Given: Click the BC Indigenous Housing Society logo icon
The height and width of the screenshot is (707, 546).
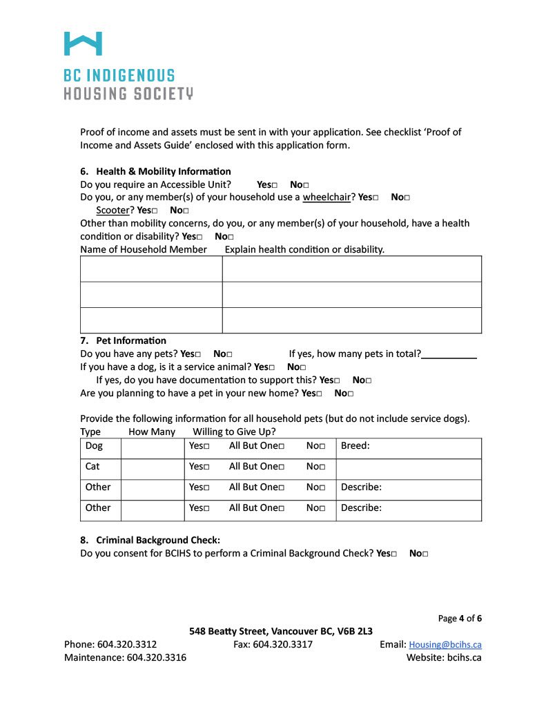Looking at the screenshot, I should coord(83,43).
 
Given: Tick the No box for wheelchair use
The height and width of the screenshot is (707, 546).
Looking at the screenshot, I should coord(407,198).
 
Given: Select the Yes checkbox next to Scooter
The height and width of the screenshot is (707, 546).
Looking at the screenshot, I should coord(155,211).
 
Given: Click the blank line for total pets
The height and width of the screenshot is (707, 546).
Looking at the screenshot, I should coord(449,354).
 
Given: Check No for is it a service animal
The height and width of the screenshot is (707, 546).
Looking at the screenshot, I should coord(302,368).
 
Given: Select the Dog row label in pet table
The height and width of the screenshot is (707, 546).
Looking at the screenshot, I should coord(94,446).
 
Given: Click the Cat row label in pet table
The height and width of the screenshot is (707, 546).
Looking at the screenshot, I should coord(92,467).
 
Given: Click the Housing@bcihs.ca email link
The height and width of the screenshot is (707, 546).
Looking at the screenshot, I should coord(445,645).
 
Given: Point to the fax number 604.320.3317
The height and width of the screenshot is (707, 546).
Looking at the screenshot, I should coord(282,644).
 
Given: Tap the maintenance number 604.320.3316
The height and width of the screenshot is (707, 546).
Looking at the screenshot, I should coord(156,657).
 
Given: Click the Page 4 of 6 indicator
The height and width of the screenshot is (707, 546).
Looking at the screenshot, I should coord(460,618).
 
